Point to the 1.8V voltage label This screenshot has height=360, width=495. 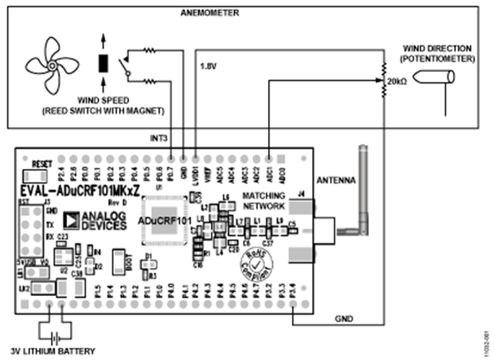point(208,66)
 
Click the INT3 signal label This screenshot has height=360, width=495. point(159,138)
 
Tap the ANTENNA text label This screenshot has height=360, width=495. point(335,181)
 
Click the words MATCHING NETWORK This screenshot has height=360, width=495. point(264,200)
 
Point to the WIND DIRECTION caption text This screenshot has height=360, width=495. point(439,52)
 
